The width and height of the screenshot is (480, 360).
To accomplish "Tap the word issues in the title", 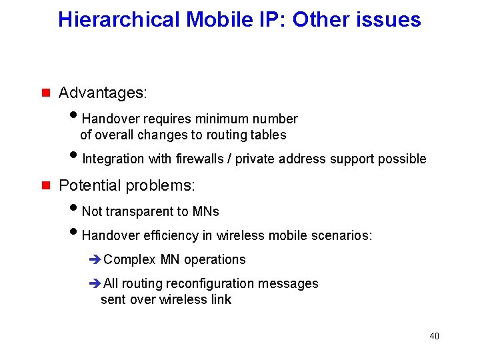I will pyautogui.click(x=391, y=19).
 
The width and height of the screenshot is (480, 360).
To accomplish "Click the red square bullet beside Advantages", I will pyautogui.click(x=46, y=93).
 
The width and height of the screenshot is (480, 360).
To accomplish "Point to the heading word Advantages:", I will pyautogui.click(x=103, y=93).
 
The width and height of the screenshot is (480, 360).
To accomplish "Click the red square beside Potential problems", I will pyautogui.click(x=46, y=185).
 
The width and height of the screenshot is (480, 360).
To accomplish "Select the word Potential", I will pyautogui.click(x=89, y=185).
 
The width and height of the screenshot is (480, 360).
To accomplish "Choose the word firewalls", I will pyautogui.click(x=200, y=159).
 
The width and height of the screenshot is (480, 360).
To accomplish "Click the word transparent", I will pyautogui.click(x=139, y=211).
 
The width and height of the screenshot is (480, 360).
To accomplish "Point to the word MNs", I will pyautogui.click(x=206, y=211).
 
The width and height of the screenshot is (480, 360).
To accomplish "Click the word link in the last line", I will pyautogui.click(x=219, y=299).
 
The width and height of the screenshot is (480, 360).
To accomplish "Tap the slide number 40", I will pyautogui.click(x=434, y=336).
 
